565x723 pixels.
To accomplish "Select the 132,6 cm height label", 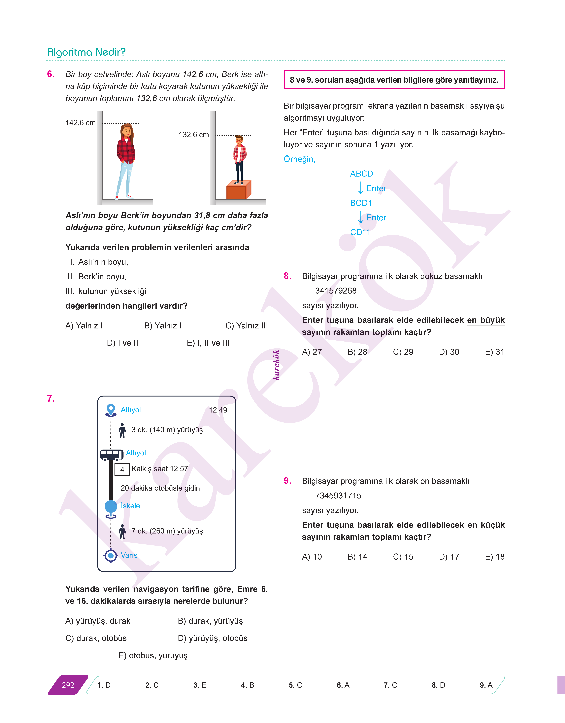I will [x=194, y=135].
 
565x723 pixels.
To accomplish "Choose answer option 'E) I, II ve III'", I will [x=208, y=343].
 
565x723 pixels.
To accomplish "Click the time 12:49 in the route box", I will [x=218, y=410].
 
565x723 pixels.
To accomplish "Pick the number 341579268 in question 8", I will [x=336, y=291].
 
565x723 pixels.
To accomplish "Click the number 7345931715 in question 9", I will [x=338, y=496].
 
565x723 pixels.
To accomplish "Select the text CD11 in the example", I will [x=360, y=233].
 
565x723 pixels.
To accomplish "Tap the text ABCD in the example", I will [x=362, y=174].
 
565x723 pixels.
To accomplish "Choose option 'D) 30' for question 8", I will [x=449, y=352].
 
